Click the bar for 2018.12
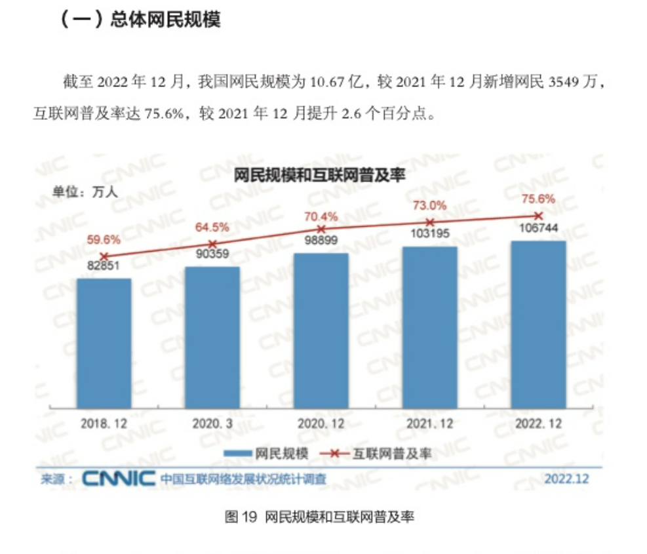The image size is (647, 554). (104, 343)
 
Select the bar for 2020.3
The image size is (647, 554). (212, 337)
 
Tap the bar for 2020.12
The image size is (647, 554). (321, 330)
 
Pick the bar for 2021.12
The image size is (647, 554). (430, 327)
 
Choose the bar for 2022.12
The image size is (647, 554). (538, 324)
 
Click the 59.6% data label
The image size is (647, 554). (103, 240)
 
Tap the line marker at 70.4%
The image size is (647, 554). (321, 229)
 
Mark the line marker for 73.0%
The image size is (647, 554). (430, 222)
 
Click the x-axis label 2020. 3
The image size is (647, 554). (212, 424)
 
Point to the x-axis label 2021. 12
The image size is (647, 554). (430, 424)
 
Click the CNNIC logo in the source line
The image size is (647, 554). (118, 479)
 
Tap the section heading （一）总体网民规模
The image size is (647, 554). (140, 19)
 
